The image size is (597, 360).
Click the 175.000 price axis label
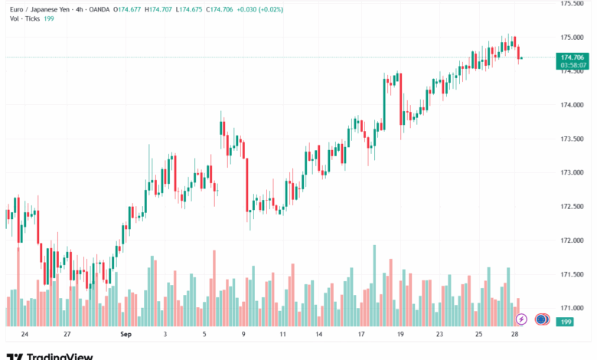coord(573,37)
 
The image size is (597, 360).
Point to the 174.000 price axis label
coord(573,105)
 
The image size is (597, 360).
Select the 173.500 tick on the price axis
coord(573,139)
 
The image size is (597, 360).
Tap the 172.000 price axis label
coord(573,241)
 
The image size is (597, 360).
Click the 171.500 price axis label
coord(573,274)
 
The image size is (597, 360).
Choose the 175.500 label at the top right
coord(573,4)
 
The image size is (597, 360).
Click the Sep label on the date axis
coord(126,335)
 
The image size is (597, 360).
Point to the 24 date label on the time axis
coord(25,335)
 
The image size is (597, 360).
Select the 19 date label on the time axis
coord(400,335)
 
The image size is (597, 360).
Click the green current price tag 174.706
coord(573,57)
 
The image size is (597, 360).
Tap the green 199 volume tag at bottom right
coord(566,322)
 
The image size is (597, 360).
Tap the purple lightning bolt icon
coord(521,319)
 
